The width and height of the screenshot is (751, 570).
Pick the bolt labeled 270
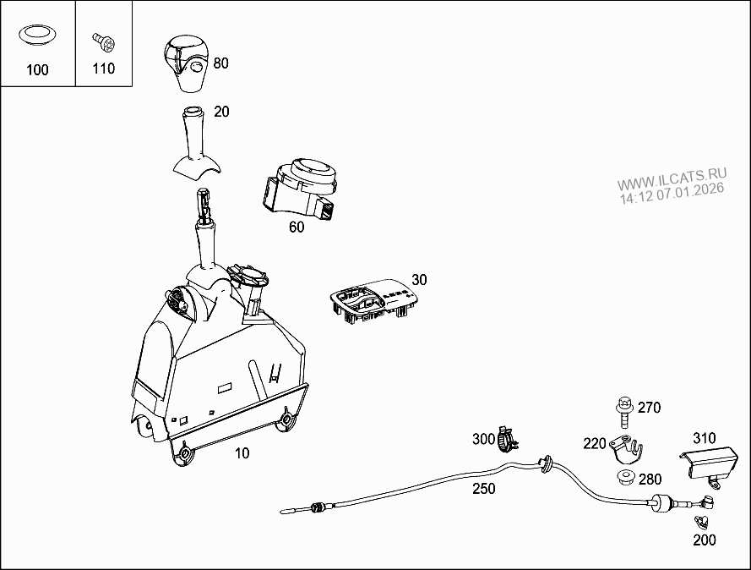[x=626, y=411]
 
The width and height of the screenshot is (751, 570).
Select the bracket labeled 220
[x=626, y=448]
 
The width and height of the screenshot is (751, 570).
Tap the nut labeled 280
[x=626, y=480]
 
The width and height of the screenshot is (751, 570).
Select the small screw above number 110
[x=103, y=41]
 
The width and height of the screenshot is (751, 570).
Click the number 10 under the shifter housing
[x=242, y=453]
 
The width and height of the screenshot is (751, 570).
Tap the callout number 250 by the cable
[x=483, y=489]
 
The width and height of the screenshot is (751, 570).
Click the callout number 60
[x=297, y=227]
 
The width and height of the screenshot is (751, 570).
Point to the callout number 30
[x=419, y=279]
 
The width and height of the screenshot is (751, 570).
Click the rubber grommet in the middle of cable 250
[x=546, y=462]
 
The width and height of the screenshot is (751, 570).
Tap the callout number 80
[x=220, y=63]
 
